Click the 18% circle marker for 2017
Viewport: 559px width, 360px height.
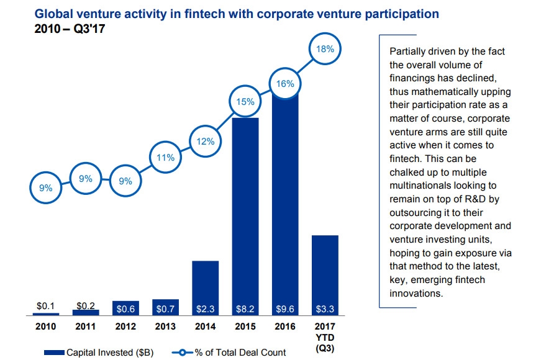(324, 48)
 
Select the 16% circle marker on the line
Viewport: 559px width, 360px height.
(285, 83)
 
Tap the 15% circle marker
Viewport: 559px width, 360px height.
(245, 101)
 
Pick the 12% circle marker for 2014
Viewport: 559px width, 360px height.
(206, 141)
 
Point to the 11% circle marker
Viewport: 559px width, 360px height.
(165, 158)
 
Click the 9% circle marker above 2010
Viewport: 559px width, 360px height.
(46, 187)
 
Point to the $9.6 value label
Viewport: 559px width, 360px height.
(285, 307)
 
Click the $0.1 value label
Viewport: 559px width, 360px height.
(46, 306)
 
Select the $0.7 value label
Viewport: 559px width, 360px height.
(165, 307)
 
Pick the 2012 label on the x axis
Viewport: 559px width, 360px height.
(125, 326)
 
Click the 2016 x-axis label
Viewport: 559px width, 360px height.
(285, 326)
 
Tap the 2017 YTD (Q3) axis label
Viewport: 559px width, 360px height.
(324, 336)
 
